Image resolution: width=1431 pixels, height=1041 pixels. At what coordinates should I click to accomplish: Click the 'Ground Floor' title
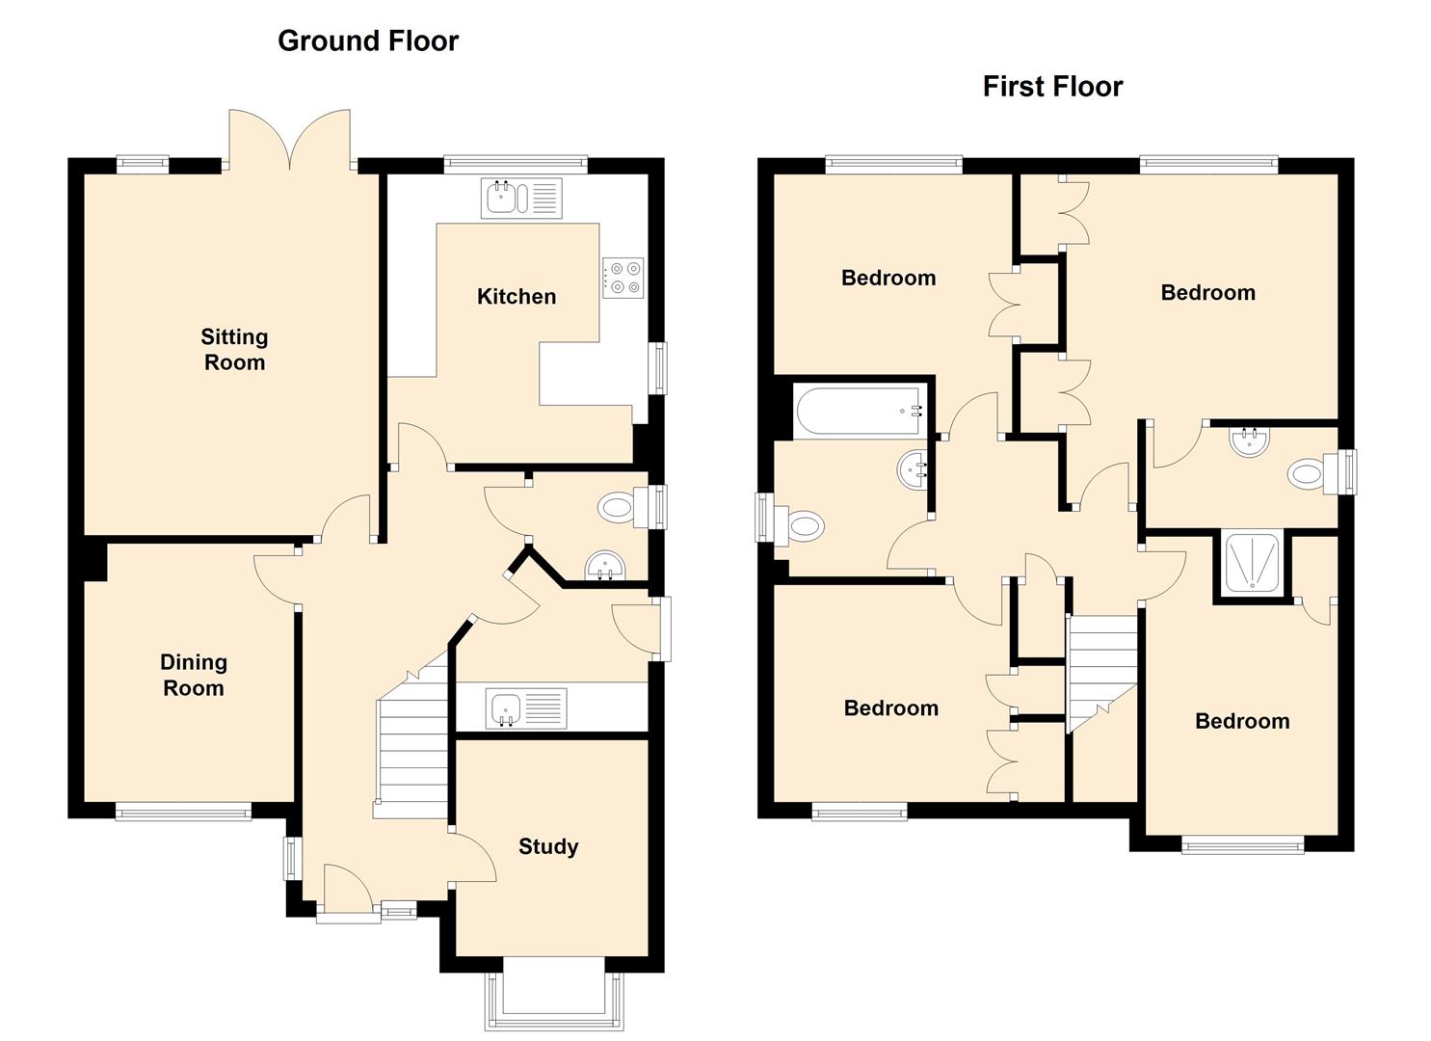pos(368,41)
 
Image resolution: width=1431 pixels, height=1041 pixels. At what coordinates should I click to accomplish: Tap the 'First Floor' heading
pos(1052,87)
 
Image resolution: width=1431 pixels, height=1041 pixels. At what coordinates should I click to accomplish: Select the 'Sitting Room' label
pos(234,350)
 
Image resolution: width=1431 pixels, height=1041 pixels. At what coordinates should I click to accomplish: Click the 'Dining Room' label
pos(194,675)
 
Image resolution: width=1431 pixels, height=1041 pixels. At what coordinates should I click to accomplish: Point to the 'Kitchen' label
pos(517,297)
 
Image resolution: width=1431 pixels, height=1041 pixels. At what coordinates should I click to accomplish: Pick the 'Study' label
pos(548,846)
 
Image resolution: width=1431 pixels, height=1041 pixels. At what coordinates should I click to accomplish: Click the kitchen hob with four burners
pos(623,278)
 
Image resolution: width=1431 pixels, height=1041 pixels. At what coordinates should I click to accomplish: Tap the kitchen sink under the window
pos(521,198)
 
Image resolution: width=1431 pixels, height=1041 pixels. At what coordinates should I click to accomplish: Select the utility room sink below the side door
pos(526,708)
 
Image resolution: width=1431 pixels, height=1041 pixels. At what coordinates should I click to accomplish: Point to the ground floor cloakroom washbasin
pos(604,566)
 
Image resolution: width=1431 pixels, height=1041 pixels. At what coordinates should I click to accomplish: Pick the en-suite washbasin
pos(1250,441)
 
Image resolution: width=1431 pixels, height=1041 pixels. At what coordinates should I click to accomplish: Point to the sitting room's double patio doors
pos(289,140)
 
